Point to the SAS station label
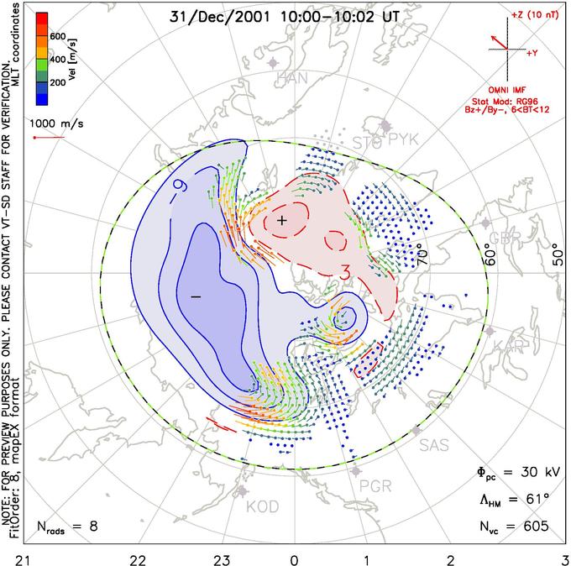pos(434,444)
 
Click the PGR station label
pos(375,485)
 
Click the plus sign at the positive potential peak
pos(282,220)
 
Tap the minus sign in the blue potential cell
pos(196,296)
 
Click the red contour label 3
pos(344,272)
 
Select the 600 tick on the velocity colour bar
pos(57,36)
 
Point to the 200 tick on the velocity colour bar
pos(57,84)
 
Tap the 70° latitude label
pos(424,250)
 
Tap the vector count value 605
pos(534,526)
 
